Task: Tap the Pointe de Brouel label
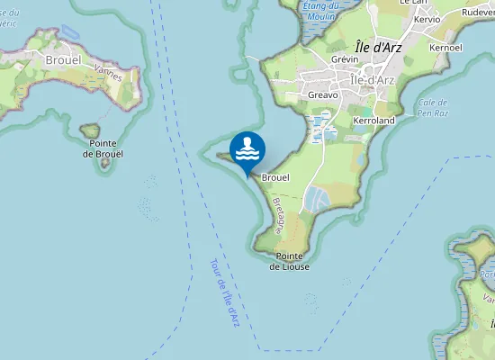point(103,148)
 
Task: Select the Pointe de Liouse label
point(290,261)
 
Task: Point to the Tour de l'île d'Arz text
point(224,293)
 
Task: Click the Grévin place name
point(345,59)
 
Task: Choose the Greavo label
point(322,94)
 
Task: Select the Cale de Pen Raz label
point(434,108)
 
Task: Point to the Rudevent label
point(477,13)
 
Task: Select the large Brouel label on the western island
point(62,60)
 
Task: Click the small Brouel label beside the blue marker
point(274,178)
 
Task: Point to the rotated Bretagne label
point(278,216)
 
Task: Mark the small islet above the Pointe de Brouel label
point(89,131)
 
